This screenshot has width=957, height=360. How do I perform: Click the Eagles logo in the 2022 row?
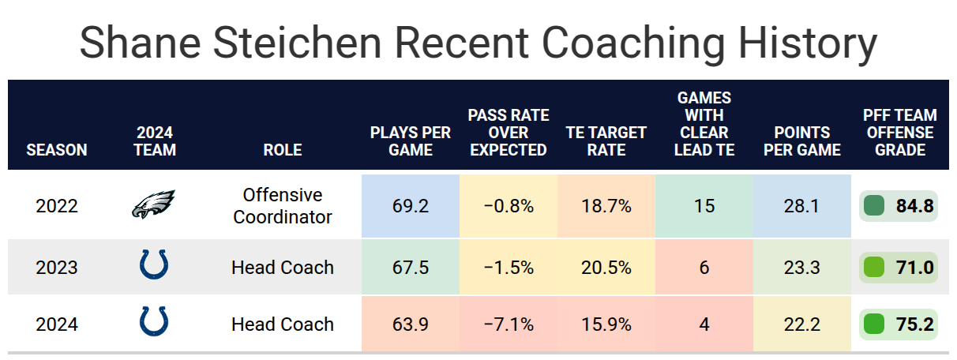pyautogui.click(x=153, y=206)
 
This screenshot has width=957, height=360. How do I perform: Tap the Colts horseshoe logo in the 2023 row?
pyautogui.click(x=153, y=265)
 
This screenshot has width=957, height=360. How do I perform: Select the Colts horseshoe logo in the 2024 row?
pyautogui.click(x=153, y=322)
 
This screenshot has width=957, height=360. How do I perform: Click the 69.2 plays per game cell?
pyautogui.click(x=411, y=207)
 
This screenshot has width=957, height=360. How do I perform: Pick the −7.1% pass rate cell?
pyautogui.click(x=509, y=324)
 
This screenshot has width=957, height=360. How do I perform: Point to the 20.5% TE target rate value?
pyautogui.click(x=606, y=268)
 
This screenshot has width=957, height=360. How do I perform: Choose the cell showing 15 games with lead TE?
pyautogui.click(x=704, y=207)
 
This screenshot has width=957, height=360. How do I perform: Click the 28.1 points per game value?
pyautogui.click(x=802, y=207)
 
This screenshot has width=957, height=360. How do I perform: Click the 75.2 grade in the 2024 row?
pyautogui.click(x=914, y=324)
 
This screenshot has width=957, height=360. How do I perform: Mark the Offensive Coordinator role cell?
pyautogui.click(x=283, y=206)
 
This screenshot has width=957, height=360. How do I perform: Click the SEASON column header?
pyautogui.click(x=57, y=149)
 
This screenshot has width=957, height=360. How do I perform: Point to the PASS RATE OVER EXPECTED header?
pyautogui.click(x=509, y=133)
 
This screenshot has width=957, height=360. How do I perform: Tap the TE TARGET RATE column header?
pyautogui.click(x=606, y=141)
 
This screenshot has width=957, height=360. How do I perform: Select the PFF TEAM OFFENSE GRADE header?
pyautogui.click(x=899, y=133)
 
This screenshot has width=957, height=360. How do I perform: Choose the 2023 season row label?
pyautogui.click(x=57, y=268)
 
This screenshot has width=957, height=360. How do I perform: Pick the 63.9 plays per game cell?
pyautogui.click(x=411, y=324)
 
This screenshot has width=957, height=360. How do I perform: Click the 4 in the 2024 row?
pyautogui.click(x=704, y=324)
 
